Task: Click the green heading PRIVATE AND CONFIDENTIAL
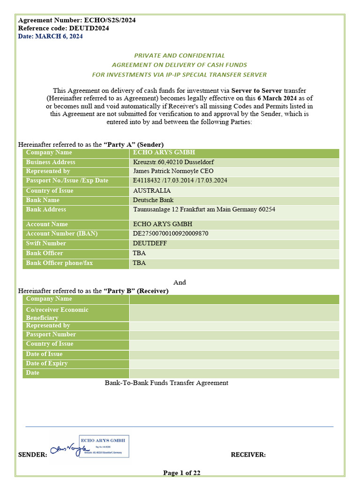coord(180,55)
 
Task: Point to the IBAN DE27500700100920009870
coord(171,233)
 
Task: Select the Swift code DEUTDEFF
coord(150,243)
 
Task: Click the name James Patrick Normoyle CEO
coord(173,171)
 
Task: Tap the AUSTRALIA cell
coord(152,191)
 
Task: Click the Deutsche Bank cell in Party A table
coord(153,200)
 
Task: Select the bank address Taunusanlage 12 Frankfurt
coord(204,210)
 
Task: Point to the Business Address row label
coord(51,162)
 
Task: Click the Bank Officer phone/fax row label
coord(59,263)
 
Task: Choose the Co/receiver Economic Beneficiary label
coord(57,314)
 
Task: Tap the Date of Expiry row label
coord(47,363)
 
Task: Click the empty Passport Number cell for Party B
coord(234,335)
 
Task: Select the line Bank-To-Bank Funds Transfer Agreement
coord(166,383)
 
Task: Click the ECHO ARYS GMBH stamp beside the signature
coord(104,446)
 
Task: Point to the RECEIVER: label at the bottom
coord(248,455)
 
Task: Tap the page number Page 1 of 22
coord(181,472)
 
